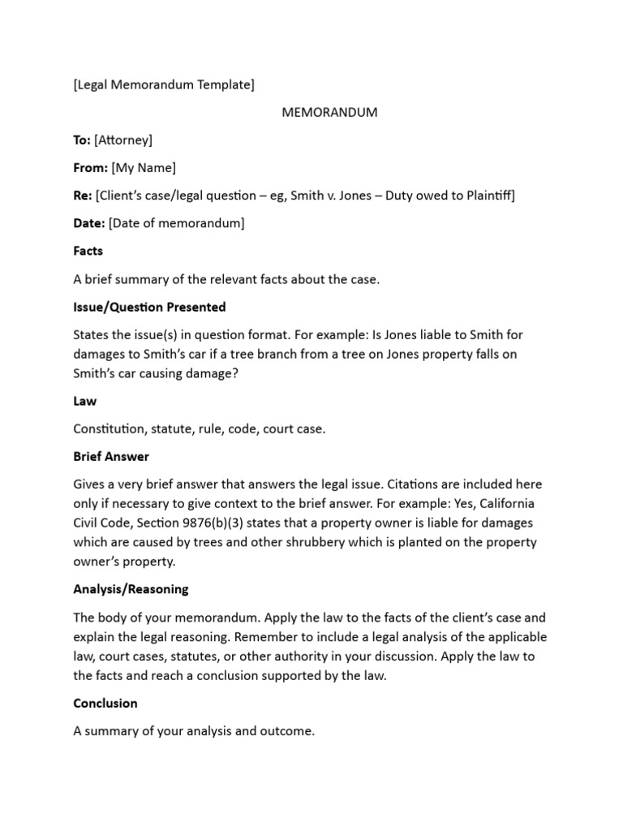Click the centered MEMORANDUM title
click(x=329, y=112)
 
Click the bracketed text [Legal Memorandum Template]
click(x=163, y=84)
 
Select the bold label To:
click(x=82, y=140)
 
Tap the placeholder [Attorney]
click(x=122, y=140)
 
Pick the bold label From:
click(x=90, y=168)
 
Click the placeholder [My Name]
click(x=143, y=168)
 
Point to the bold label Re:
click(x=83, y=196)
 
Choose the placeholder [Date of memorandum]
click(x=176, y=223)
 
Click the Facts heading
click(x=88, y=251)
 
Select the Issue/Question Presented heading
click(x=149, y=307)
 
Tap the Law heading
click(x=85, y=401)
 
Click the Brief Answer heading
click(x=111, y=457)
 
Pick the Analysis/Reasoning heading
click(x=131, y=589)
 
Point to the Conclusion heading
click(x=105, y=703)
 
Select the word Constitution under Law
click(x=111, y=429)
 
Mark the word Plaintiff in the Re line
click(x=486, y=196)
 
